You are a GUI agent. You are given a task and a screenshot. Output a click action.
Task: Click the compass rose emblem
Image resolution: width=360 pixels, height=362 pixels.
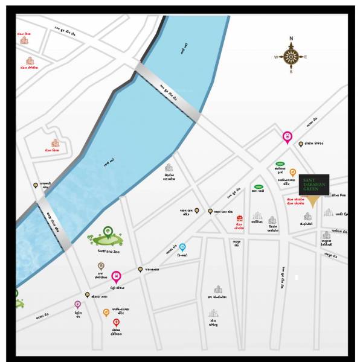pyautogui.click(x=291, y=57)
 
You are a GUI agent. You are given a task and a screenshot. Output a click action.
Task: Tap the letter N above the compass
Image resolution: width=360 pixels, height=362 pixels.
pyautogui.click(x=291, y=39)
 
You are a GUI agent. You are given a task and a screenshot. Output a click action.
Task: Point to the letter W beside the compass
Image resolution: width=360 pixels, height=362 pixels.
pyautogui.click(x=276, y=58)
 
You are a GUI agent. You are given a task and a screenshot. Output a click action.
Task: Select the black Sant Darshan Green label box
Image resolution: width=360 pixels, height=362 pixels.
pyautogui.click(x=314, y=185)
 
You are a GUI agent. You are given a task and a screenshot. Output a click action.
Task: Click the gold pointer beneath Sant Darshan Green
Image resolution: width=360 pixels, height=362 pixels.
pyautogui.click(x=312, y=202)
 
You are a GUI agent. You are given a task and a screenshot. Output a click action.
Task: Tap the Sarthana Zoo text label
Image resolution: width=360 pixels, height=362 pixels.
pyautogui.click(x=108, y=251)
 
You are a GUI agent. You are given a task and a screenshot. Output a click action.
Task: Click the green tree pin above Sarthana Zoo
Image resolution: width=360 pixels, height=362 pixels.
pyautogui.click(x=108, y=230)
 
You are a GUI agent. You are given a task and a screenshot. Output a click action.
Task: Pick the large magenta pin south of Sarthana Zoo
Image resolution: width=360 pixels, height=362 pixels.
pyautogui.click(x=116, y=277)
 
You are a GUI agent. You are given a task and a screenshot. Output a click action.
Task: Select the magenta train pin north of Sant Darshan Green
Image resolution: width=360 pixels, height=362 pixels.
pyautogui.click(x=287, y=137)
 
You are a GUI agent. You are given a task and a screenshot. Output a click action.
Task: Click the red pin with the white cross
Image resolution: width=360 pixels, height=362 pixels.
pyautogui.click(x=117, y=323)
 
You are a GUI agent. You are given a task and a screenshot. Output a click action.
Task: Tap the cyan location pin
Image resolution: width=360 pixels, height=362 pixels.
pyautogui.click(x=182, y=247)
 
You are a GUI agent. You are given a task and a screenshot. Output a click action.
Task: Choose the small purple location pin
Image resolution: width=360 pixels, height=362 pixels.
pyautogui.click(x=77, y=305)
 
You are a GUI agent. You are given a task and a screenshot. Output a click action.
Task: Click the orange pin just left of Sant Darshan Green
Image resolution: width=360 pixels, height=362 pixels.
pyautogui.click(x=293, y=172)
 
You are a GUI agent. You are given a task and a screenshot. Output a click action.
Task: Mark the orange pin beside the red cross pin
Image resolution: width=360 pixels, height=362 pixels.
pyautogui.click(x=106, y=312)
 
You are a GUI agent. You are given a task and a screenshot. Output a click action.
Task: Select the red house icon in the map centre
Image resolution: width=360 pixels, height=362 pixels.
pyautogui.click(x=240, y=218)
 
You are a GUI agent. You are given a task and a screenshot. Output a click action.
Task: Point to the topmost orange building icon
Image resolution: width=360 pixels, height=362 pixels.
pyautogui.click(x=24, y=40)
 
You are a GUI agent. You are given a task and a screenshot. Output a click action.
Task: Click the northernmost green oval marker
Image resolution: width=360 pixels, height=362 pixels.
pyautogui.click(x=280, y=164)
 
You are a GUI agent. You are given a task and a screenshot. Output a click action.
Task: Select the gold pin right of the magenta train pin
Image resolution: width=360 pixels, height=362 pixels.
pyautogui.click(x=301, y=144)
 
